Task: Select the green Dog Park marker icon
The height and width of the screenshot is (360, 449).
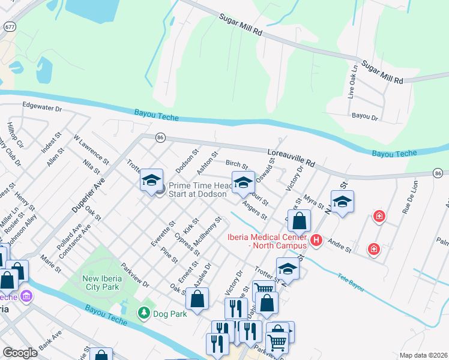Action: pyautogui.click(x=143, y=313)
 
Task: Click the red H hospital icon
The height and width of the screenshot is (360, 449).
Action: pyautogui.click(x=317, y=241)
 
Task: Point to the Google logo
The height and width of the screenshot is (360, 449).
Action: pyautogui.click(x=19, y=353)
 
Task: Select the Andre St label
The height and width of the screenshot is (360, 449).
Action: pyautogui.click(x=340, y=246)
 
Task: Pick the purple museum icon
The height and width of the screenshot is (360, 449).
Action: pyautogui.click(x=26, y=296)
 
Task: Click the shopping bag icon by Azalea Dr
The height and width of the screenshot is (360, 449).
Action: pyautogui.click(x=197, y=298)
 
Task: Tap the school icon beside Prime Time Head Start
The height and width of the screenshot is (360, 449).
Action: pyautogui.click(x=151, y=181)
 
